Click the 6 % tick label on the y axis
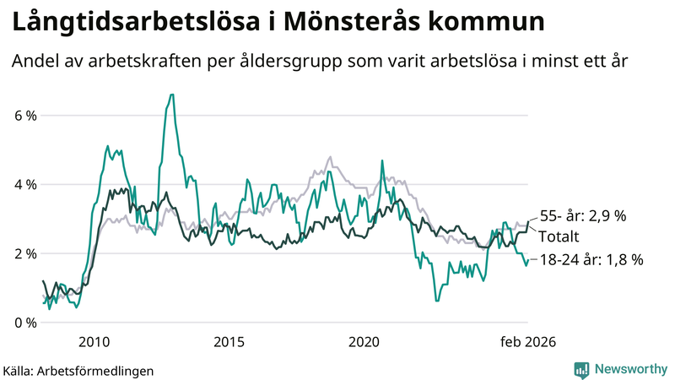point(24,115)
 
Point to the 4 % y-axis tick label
point(24,184)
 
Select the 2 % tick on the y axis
point(24,253)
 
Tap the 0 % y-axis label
point(24,323)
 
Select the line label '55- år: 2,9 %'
point(583,216)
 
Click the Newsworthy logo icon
point(581,369)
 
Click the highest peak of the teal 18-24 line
point(171,95)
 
